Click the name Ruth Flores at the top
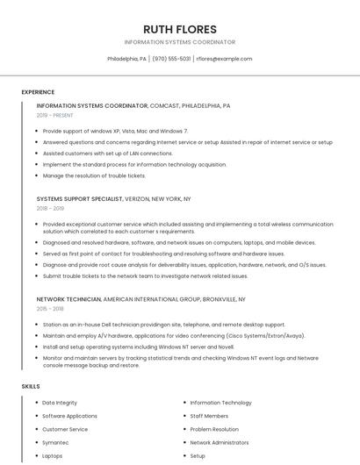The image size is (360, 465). click(x=179, y=29)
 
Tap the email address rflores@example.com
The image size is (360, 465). click(x=224, y=59)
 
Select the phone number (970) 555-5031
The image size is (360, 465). click(x=171, y=59)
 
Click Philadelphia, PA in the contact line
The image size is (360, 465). click(x=126, y=59)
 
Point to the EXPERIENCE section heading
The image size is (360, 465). click(x=38, y=92)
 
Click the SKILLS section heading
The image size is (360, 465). click(x=31, y=386)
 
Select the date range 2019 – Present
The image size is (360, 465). click(x=55, y=115)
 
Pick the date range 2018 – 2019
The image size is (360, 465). click(x=50, y=209)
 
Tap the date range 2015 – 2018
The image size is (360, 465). click(x=50, y=309)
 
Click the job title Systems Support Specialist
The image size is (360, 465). click(x=79, y=199)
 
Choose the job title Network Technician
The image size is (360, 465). click(x=68, y=299)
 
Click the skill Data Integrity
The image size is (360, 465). click(x=60, y=403)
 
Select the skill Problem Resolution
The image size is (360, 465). click(x=214, y=429)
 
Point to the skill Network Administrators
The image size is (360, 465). click(x=220, y=443)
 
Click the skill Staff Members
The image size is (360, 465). click(x=209, y=416)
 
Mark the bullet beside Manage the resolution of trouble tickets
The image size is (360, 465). click(x=35, y=175)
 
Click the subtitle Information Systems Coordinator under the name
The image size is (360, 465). click(x=179, y=42)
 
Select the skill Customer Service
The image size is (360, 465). click(x=65, y=429)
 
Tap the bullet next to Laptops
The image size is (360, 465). click(x=35, y=456)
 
